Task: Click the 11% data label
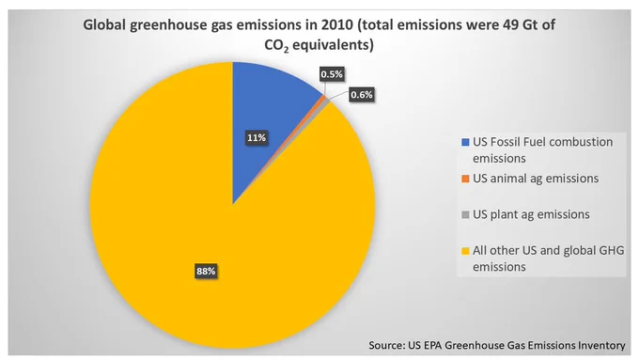coord(257,138)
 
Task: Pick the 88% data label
coord(206,271)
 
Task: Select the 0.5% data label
coord(332,74)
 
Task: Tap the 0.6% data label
coord(362,95)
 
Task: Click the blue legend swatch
coord(465,142)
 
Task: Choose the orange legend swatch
coord(465,179)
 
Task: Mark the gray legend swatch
coord(465,214)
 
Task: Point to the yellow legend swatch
coord(465,251)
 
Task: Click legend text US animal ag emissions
coord(536,179)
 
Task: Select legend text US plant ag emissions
coord(531,214)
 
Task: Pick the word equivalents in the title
coord(333,45)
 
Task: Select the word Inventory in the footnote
coord(601,345)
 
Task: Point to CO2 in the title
coord(276,45)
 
